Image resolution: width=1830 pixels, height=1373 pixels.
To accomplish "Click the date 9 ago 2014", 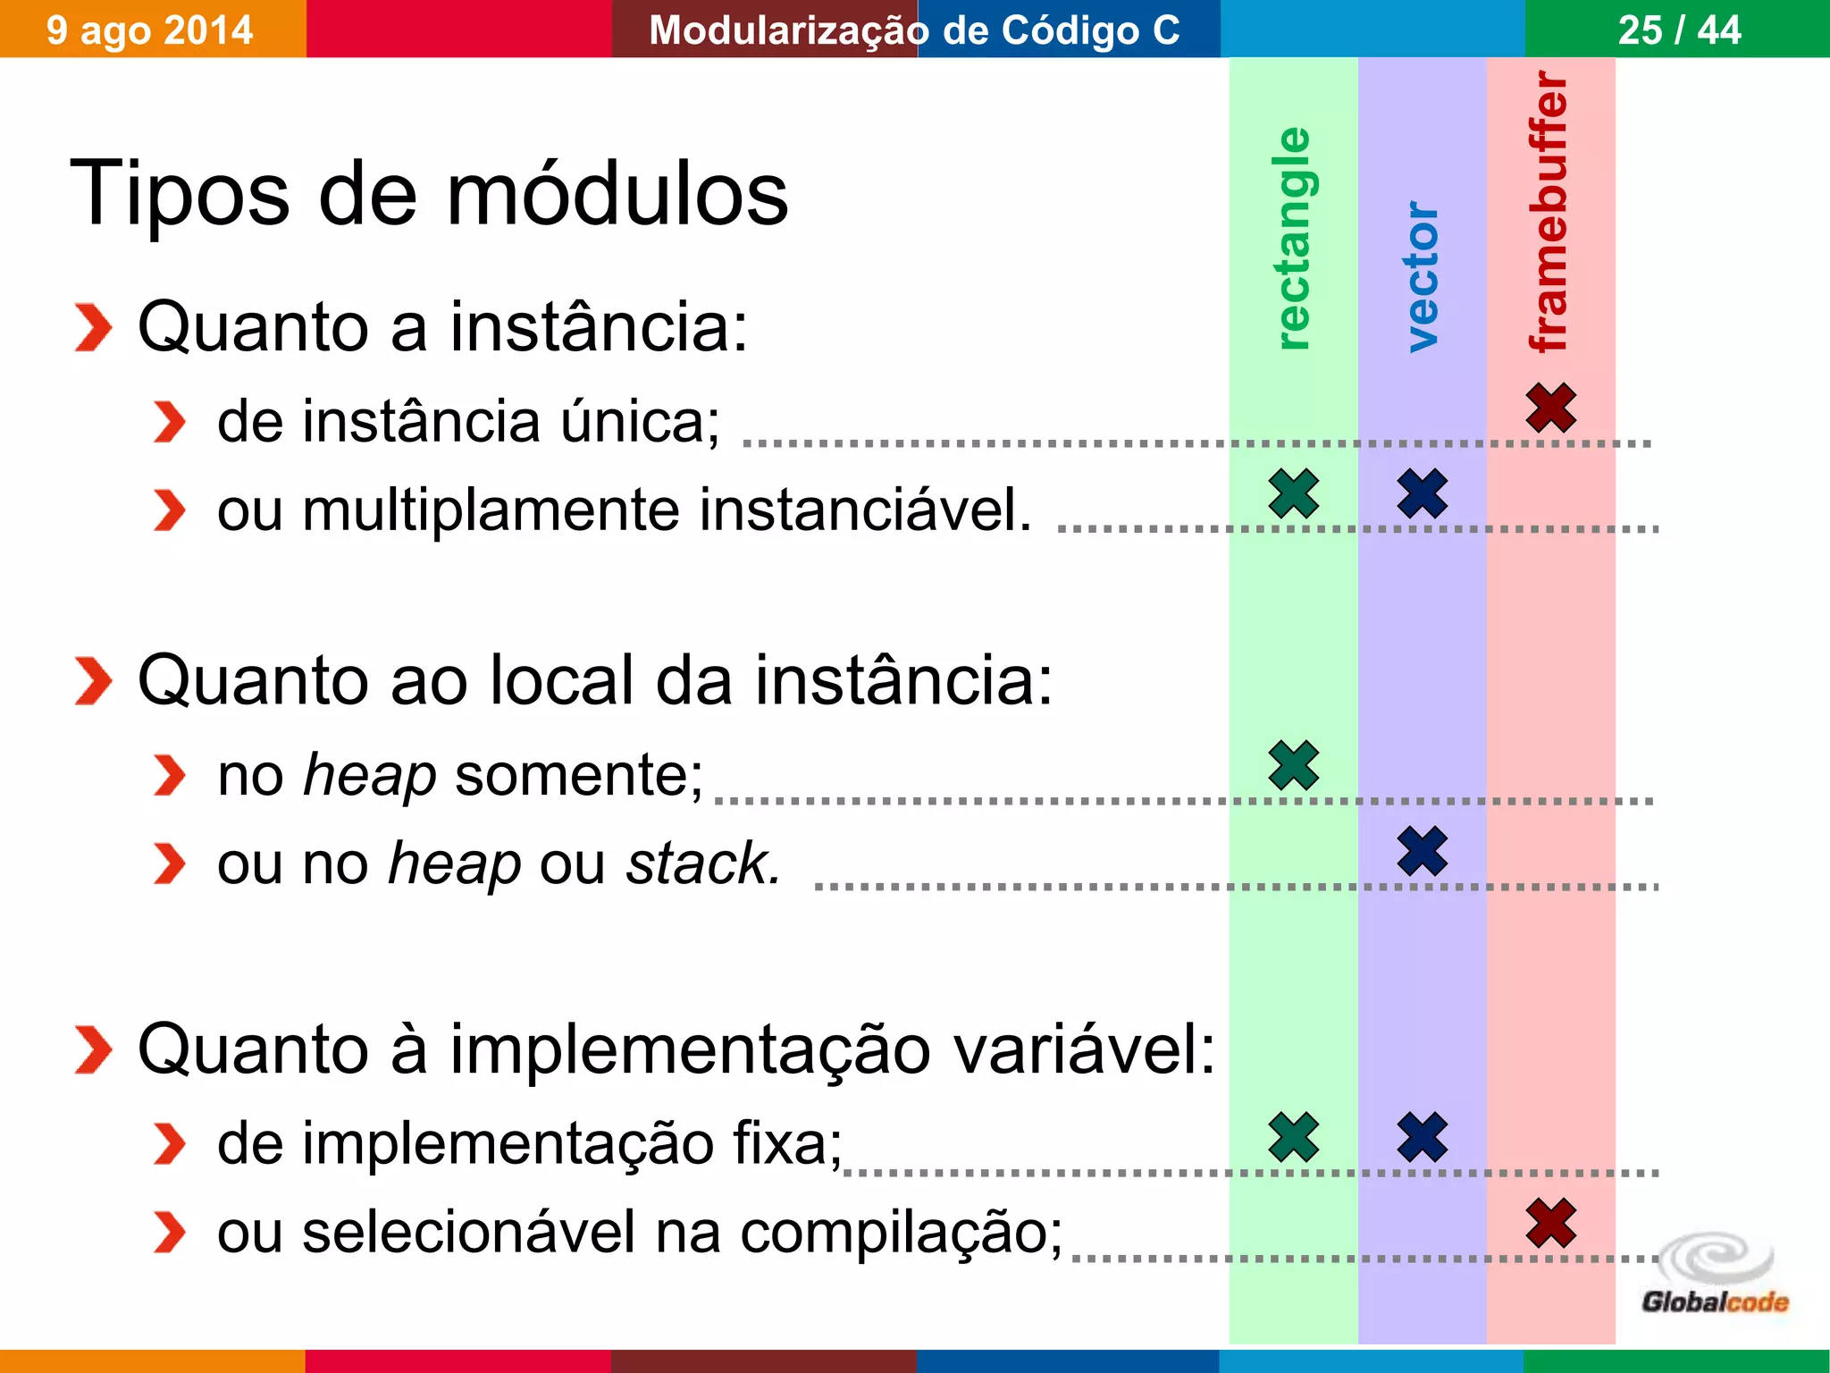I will (150, 30).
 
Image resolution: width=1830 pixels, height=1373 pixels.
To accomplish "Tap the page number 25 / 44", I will (1679, 30).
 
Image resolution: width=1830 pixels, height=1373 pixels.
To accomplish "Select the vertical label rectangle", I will (1293, 239).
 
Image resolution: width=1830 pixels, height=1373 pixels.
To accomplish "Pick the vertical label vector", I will (1422, 276).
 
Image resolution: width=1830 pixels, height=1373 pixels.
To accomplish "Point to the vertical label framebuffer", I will (1549, 212).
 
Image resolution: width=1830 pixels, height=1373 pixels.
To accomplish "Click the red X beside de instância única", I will (1551, 408).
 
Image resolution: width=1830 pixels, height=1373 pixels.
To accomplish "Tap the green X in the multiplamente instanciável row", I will (1294, 493).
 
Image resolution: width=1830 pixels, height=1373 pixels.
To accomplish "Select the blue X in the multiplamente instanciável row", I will (1423, 493).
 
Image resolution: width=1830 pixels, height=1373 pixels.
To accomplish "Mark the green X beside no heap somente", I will (1294, 765).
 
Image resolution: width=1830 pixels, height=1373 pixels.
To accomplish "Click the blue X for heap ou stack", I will (1423, 851).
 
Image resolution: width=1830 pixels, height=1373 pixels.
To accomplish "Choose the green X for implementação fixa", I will (1294, 1137).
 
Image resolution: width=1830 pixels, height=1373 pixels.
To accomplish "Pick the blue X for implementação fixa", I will (1423, 1137).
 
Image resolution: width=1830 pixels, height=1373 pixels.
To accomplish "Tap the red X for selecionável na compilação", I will (1551, 1223).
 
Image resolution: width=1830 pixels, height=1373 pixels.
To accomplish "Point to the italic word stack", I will (703, 863).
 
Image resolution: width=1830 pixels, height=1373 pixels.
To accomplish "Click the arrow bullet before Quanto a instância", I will (93, 327).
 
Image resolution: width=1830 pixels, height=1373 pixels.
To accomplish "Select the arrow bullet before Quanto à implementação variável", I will (93, 1049).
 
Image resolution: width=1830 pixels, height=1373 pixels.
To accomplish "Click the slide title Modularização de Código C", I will (914, 30).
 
